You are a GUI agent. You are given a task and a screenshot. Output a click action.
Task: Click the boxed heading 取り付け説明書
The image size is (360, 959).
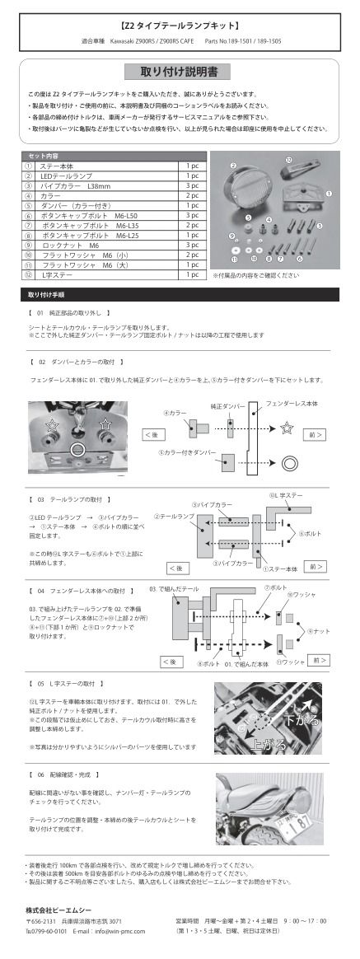coord(179,71)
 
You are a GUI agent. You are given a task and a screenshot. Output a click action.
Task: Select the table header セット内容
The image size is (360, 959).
coord(45,156)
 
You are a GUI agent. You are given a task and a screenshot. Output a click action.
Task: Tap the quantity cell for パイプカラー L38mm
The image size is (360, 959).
coord(192,186)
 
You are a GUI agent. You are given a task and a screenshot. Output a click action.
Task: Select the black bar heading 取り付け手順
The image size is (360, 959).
coord(47,293)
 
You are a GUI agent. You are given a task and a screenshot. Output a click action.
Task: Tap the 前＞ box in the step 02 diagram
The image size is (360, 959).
coord(313,433)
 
